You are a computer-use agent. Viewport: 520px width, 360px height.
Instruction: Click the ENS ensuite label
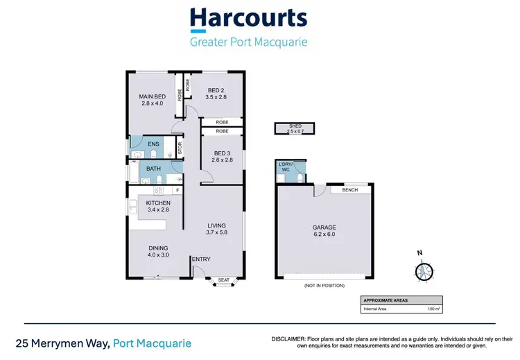coord(154,144)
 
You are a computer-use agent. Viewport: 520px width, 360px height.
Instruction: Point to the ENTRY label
coord(201,259)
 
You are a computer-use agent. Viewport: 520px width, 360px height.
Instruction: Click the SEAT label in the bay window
coord(223,280)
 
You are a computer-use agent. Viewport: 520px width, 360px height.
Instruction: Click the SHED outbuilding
coord(294,128)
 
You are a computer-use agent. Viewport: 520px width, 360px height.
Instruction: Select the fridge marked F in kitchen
coord(177,189)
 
